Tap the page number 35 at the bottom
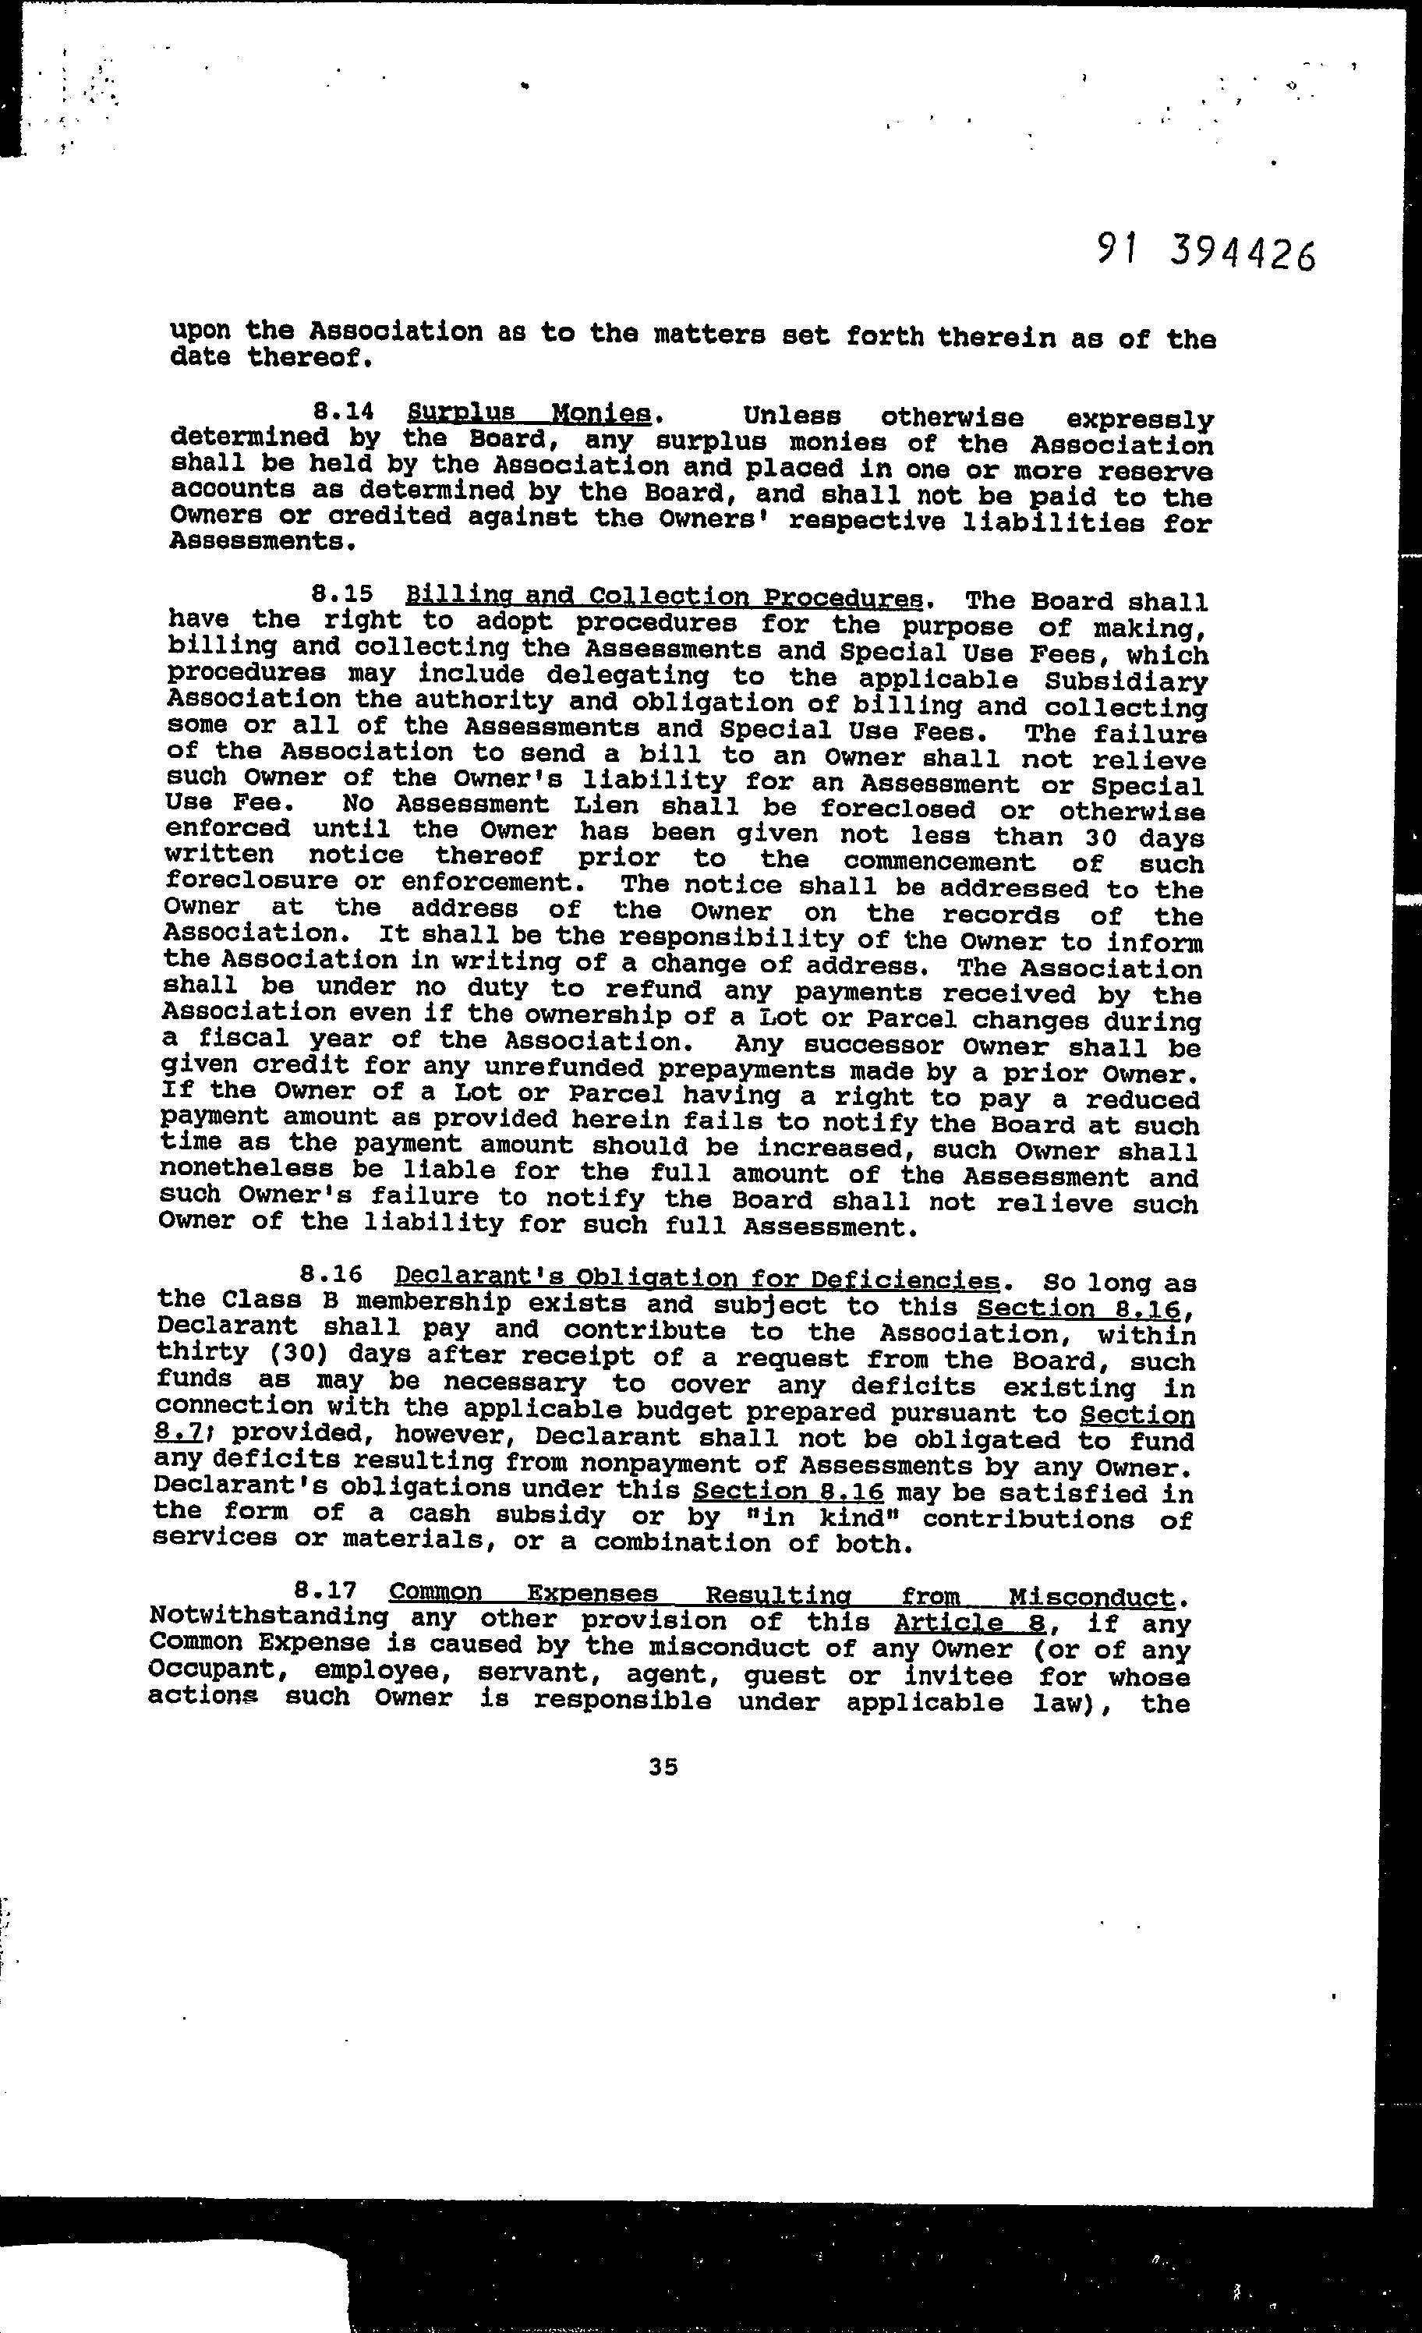[663, 1767]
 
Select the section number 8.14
[344, 412]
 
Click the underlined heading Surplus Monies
[529, 414]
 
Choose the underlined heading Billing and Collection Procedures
[663, 597]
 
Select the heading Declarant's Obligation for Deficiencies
[697, 1280]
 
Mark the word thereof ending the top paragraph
[303, 358]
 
